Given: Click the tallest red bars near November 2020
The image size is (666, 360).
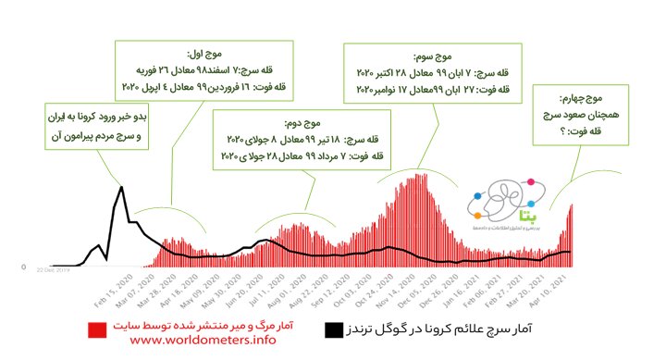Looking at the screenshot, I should (x=419, y=175).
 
